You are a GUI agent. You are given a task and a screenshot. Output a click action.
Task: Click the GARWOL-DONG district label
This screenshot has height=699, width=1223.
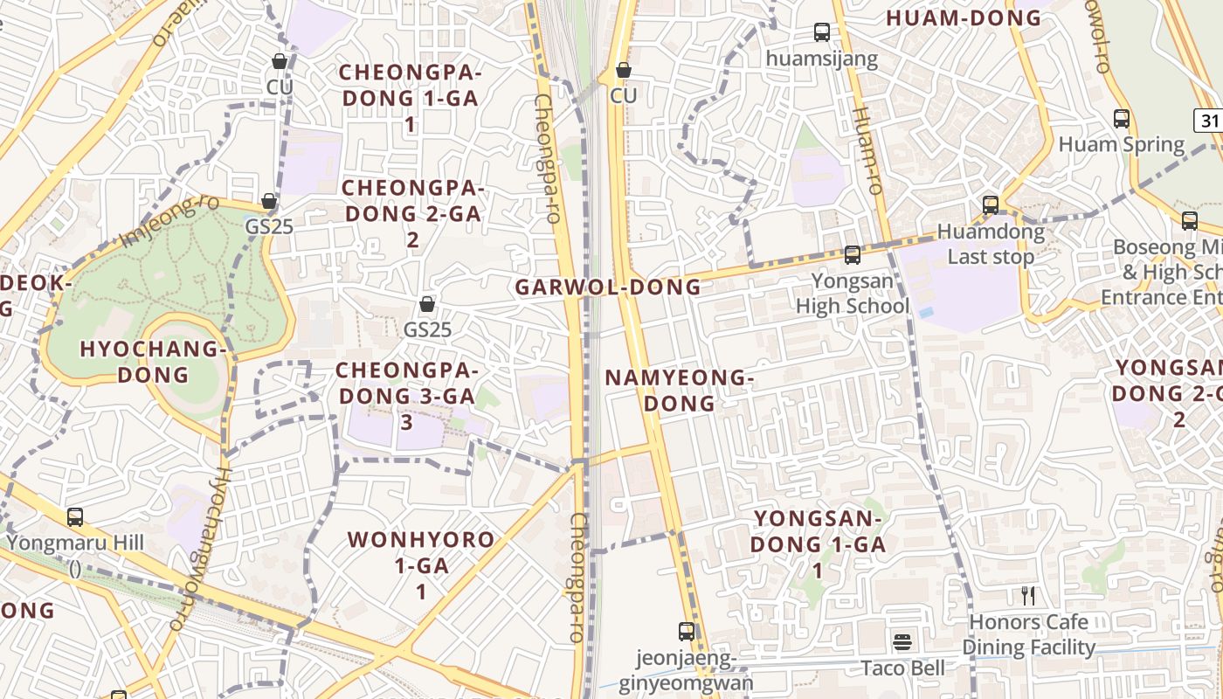[608, 287]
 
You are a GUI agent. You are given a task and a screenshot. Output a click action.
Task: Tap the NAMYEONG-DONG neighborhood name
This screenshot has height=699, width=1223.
[679, 391]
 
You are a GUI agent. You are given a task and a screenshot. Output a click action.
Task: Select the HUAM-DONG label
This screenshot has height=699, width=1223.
[964, 17]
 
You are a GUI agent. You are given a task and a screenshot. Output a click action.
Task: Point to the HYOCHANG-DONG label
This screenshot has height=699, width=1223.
[154, 362]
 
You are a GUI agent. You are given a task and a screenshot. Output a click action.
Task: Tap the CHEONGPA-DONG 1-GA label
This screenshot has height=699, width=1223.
[410, 98]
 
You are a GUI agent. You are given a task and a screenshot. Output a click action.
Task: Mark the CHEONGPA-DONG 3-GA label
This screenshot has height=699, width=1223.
[405, 396]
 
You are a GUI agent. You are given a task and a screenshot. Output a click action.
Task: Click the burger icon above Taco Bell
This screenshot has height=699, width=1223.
[902, 643]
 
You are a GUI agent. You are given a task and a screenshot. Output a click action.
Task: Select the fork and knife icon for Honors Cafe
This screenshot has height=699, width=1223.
[1028, 596]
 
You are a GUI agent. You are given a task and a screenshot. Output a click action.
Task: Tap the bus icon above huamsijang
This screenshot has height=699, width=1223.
[821, 32]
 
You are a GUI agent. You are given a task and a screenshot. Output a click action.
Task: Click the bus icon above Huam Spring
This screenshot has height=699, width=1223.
[1121, 119]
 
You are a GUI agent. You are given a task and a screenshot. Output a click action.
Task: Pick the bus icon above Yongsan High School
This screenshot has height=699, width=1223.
[852, 255]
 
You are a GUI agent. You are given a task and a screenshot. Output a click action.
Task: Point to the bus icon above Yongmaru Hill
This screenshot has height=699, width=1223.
[75, 516]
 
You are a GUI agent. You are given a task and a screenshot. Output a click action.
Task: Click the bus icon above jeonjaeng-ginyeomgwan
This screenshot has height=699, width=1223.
[687, 631]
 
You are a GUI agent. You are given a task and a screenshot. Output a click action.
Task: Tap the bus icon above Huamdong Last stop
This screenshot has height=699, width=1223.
[990, 205]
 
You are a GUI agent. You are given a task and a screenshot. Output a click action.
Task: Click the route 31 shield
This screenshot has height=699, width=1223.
[1209, 121]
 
